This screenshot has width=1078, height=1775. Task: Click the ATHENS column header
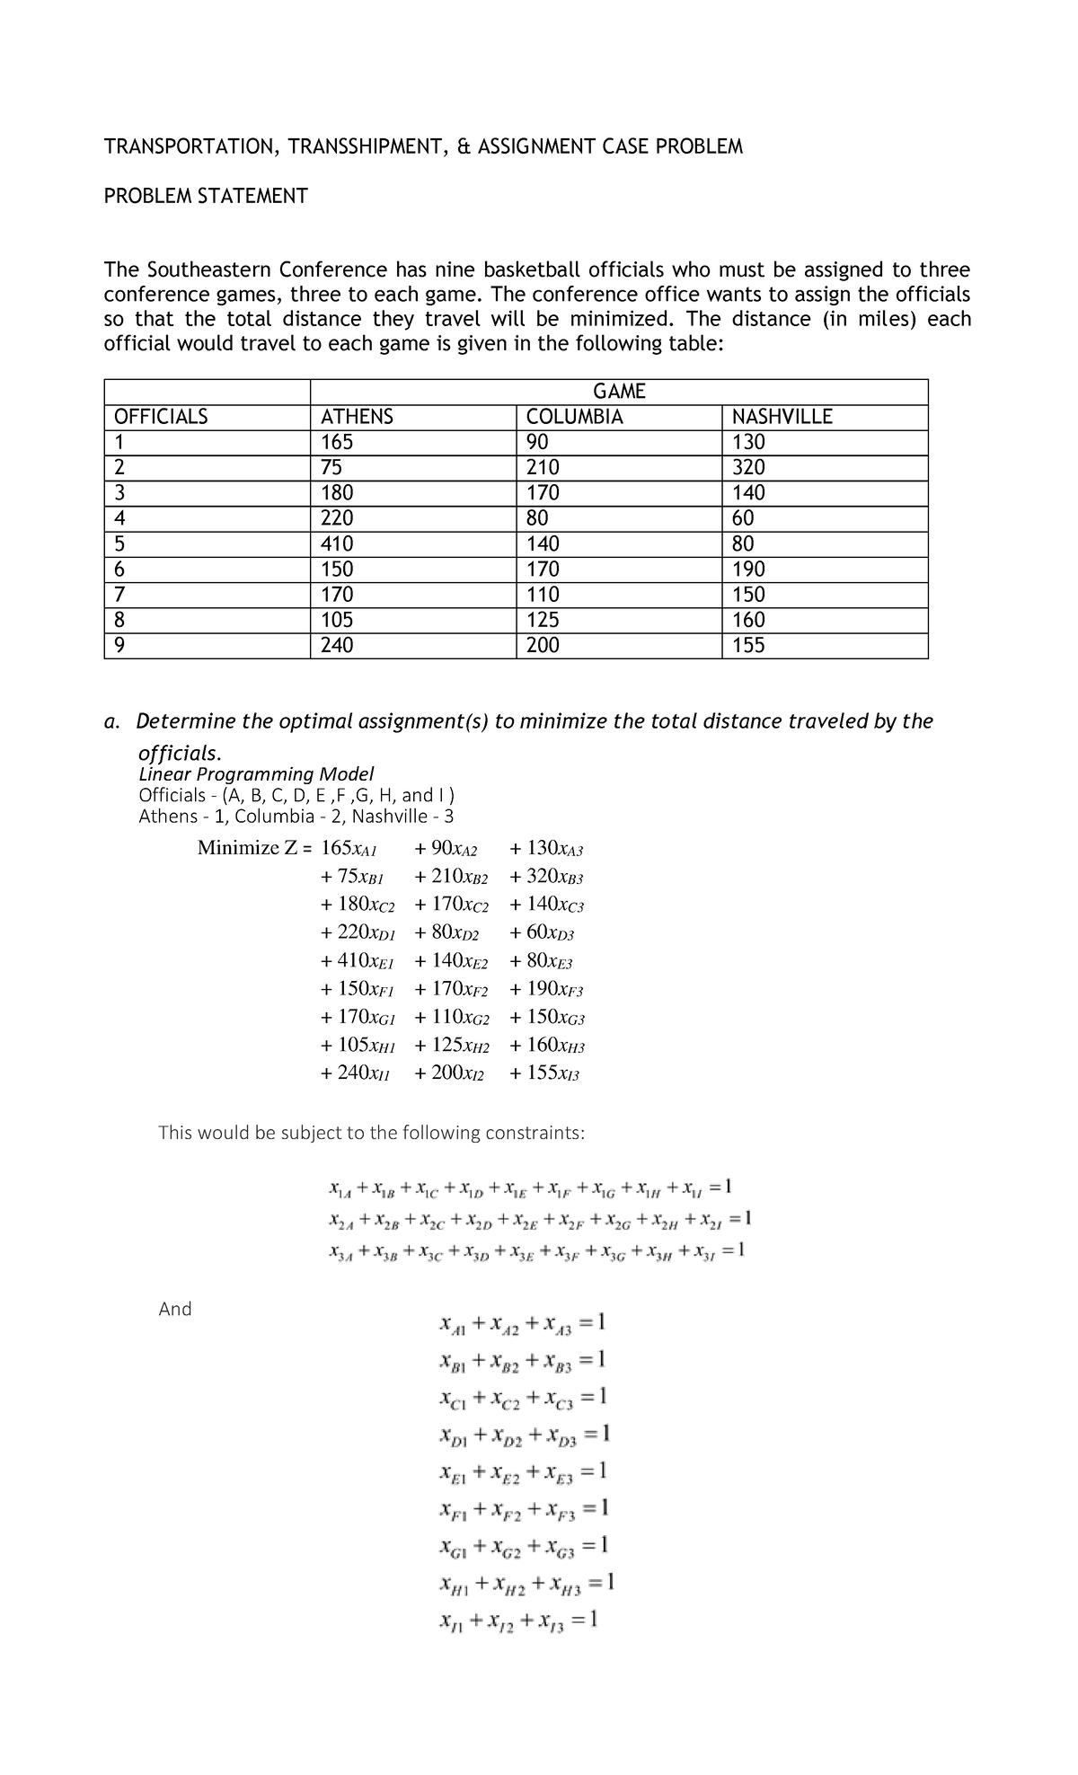(358, 417)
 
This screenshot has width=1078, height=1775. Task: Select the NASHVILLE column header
(782, 417)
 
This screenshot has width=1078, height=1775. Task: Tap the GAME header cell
(619, 392)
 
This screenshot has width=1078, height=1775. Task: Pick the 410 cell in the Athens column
(337, 544)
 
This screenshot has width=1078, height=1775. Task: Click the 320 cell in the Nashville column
(748, 468)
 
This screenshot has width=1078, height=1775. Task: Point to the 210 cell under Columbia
(543, 468)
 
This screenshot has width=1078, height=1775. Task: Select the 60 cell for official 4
(743, 519)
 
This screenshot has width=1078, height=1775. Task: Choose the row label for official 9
(119, 646)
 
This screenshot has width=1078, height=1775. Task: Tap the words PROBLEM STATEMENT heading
(206, 196)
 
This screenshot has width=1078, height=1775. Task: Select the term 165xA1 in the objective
(350, 848)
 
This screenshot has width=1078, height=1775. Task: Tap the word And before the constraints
(175, 1309)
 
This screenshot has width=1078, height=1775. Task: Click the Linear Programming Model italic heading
(256, 774)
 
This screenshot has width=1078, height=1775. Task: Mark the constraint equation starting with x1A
(531, 1189)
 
